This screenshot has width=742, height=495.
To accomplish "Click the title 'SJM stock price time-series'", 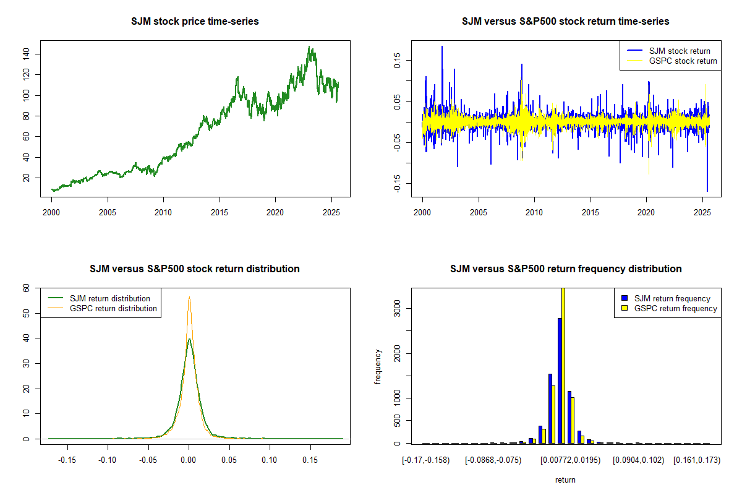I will [x=195, y=22].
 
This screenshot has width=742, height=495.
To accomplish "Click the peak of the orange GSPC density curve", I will [x=189, y=297].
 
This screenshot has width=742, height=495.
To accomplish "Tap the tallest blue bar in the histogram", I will [x=560, y=381].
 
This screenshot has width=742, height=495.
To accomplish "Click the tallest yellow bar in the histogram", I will [x=563, y=365].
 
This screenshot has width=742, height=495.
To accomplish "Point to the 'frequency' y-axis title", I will [x=378, y=366].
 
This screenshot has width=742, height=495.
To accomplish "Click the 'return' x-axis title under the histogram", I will [x=565, y=480].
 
